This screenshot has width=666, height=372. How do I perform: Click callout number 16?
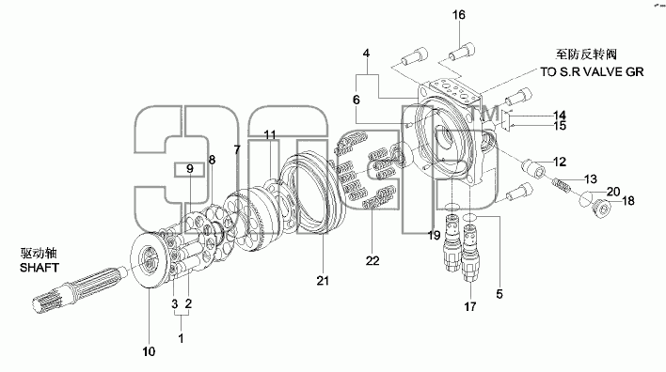click(459, 15)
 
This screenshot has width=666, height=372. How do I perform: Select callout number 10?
click(149, 351)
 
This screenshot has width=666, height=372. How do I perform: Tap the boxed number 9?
click(190, 169)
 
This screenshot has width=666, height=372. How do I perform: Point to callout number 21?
click(323, 280)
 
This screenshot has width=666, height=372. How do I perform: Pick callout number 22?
click(373, 260)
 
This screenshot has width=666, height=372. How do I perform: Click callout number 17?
click(470, 306)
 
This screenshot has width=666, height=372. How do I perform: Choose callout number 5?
click(499, 293)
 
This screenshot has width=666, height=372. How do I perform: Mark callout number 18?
click(628, 200)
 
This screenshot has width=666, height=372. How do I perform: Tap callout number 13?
click(591, 179)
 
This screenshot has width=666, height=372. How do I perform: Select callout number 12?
click(560, 162)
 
